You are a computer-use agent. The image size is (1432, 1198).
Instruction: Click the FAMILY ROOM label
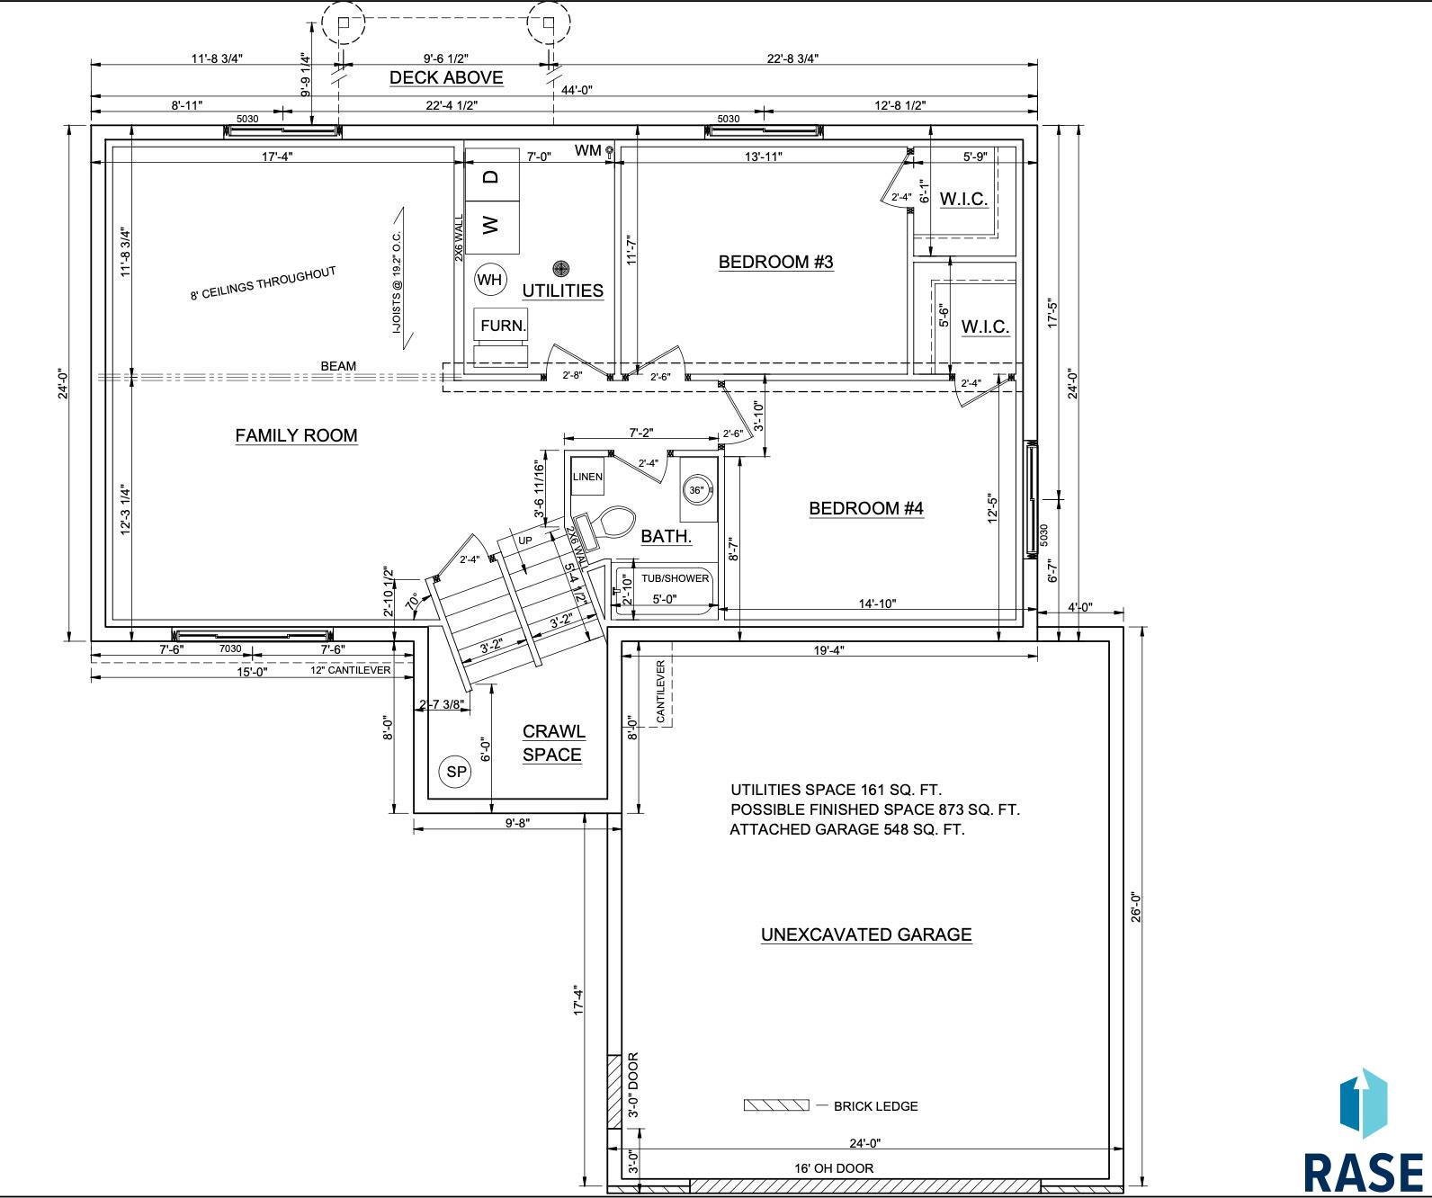click(296, 435)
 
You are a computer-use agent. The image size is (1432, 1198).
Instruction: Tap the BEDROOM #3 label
click(775, 262)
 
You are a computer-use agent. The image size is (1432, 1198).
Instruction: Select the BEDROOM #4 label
click(866, 508)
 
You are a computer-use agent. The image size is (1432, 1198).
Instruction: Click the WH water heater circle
click(489, 280)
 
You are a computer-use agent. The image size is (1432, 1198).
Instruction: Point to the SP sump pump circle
click(457, 773)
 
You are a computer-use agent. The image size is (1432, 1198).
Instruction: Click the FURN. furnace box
click(501, 325)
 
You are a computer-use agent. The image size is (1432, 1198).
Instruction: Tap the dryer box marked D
click(492, 175)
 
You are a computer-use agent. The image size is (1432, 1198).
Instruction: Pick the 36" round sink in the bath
click(697, 490)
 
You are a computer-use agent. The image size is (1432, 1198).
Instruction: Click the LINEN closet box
click(587, 476)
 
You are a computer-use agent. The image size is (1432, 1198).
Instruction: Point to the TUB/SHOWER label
click(675, 579)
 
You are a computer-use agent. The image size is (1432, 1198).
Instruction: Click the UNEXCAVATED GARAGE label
click(866, 934)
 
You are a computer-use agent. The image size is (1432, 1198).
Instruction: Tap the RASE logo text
click(1364, 1172)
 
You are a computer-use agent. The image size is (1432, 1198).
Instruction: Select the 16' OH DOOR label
click(834, 1167)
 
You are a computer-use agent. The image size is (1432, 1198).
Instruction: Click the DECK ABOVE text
click(446, 77)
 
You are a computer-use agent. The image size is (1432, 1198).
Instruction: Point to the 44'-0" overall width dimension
click(576, 90)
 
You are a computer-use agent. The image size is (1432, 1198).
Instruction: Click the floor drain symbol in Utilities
click(561, 268)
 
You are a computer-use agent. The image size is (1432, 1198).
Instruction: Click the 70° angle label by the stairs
click(412, 602)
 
